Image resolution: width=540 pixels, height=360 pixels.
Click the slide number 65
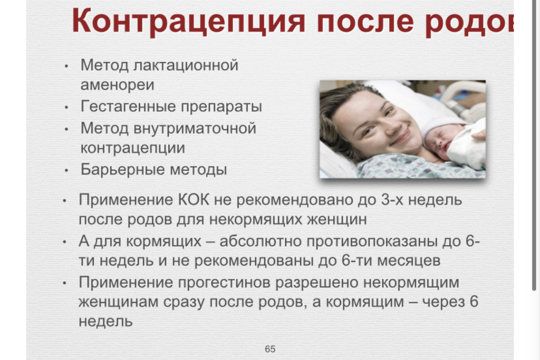(270, 349)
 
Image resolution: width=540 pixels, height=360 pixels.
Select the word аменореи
(117, 85)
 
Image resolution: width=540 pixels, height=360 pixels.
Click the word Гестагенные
(128, 107)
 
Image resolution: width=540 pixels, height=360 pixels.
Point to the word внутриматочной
(195, 128)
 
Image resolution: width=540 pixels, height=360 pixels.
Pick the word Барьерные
(123, 169)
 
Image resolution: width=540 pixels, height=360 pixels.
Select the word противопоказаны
(372, 241)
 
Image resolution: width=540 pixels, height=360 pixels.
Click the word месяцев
(409, 261)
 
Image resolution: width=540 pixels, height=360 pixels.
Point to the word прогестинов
(224, 282)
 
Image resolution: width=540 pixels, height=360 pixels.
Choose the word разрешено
(317, 282)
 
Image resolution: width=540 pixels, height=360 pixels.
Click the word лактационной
(186, 65)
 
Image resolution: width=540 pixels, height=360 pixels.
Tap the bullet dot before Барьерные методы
(66, 171)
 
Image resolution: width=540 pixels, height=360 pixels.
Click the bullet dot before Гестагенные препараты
(66, 108)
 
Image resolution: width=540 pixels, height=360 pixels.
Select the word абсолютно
(261, 241)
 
